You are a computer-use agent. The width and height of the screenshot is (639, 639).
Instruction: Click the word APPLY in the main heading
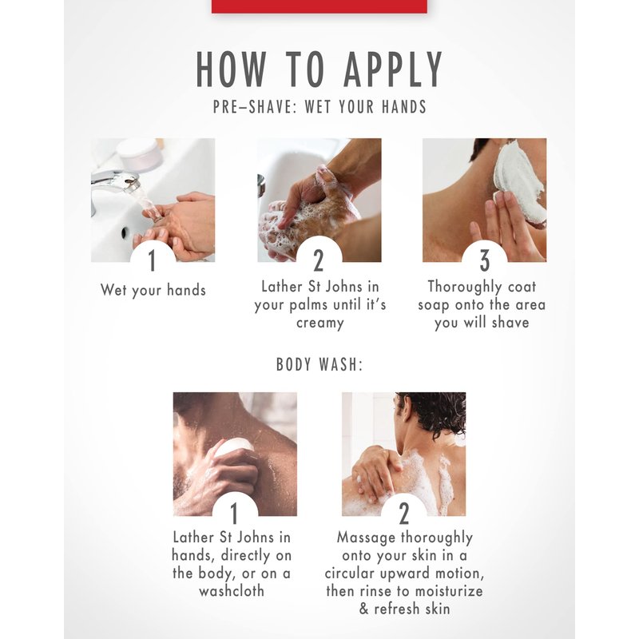point(393,69)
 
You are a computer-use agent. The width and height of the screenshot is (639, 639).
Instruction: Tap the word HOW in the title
point(231,69)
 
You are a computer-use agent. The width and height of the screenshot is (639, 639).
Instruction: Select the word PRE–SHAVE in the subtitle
point(252,107)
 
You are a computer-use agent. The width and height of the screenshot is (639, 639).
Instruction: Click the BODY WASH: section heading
point(319,364)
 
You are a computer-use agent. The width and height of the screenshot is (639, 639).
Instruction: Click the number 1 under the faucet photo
point(153,260)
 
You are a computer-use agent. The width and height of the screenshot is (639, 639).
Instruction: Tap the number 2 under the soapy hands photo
point(318,260)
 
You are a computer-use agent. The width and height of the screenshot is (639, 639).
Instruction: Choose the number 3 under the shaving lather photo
point(484,260)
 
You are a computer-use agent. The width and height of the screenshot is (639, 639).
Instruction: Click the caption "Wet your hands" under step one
point(153,291)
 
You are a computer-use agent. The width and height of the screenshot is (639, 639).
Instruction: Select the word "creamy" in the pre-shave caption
point(320,323)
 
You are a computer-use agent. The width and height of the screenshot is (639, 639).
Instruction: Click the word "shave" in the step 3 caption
point(510,323)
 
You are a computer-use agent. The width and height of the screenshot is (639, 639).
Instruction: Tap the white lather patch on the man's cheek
point(518,185)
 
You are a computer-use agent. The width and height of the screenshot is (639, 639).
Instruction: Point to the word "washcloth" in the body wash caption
point(232,590)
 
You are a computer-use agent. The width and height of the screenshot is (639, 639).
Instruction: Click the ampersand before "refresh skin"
point(364,609)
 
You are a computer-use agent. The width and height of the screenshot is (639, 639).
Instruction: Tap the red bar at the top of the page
point(319,6)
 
